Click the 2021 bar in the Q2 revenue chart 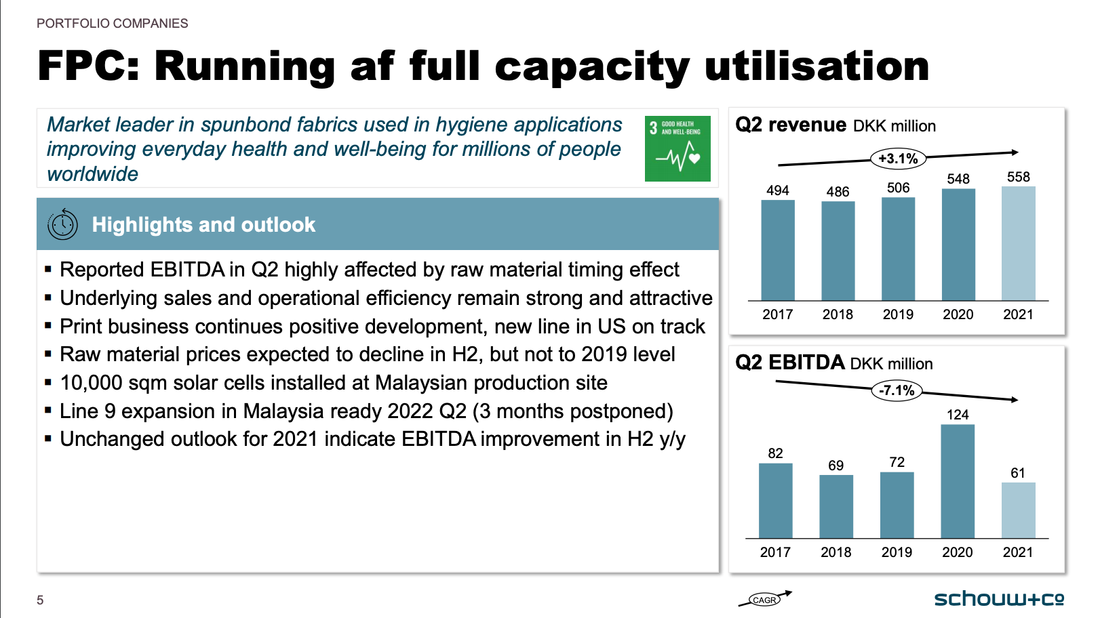1018,243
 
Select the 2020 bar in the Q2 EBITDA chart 958,482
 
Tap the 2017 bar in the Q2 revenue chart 778,250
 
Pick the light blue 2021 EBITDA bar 1018,510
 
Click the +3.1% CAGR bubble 898,159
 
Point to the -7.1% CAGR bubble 896,391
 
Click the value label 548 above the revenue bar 958,179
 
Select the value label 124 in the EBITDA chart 958,415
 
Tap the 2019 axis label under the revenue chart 898,314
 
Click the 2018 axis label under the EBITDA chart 836,552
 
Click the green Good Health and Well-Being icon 677,148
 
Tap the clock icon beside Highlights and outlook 62,224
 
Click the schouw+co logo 999,599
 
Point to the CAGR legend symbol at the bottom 764,599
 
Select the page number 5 40,600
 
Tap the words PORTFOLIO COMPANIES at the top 113,24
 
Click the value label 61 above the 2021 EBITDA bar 1017,473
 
